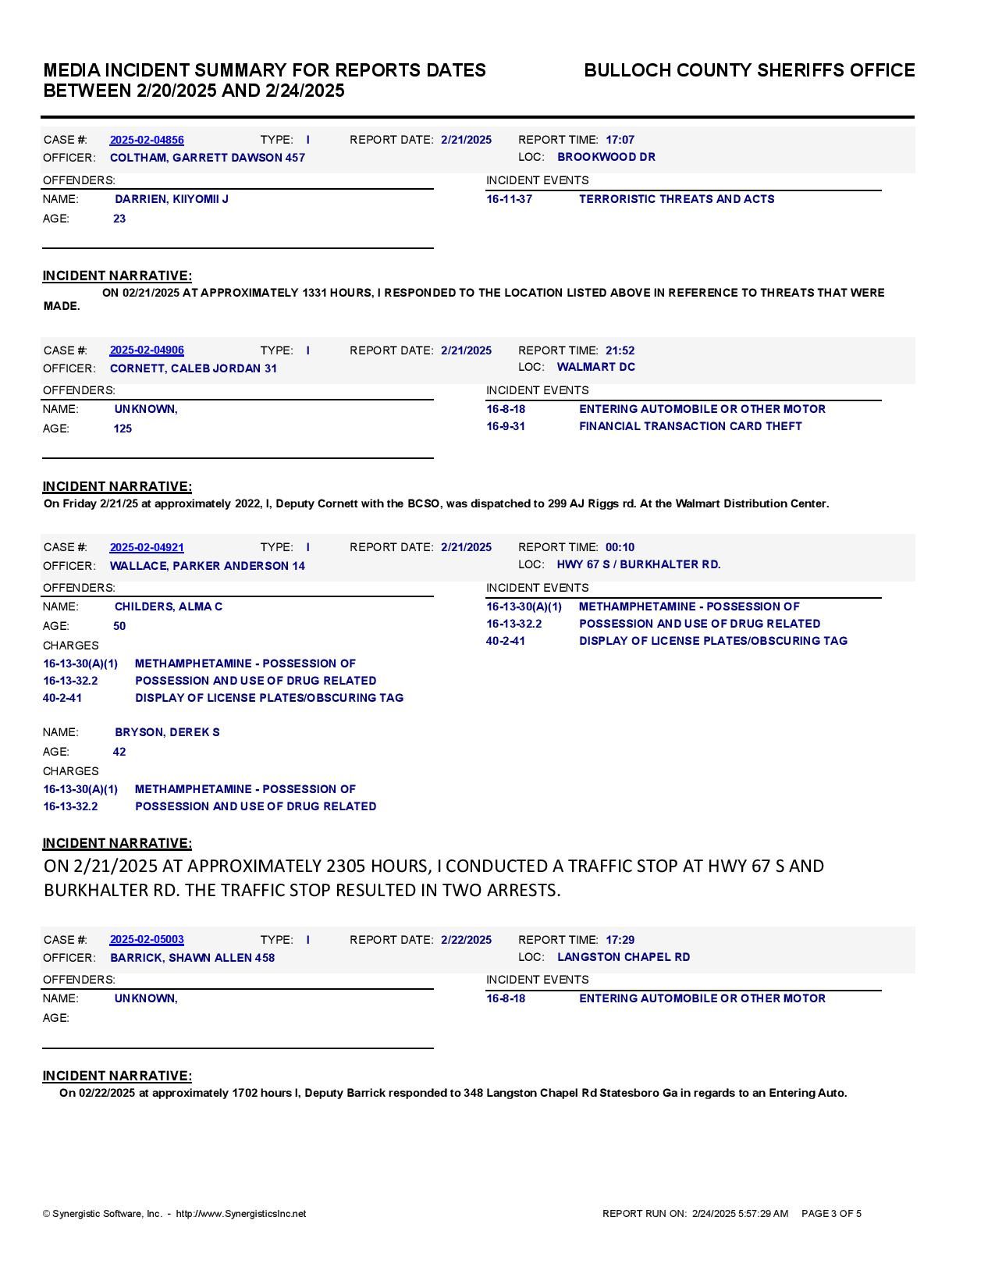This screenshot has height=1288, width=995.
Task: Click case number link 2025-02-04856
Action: [147, 141]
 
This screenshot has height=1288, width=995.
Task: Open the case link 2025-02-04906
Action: [147, 350]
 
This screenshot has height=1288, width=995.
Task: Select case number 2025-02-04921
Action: [147, 548]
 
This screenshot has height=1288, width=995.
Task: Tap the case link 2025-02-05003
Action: [147, 940]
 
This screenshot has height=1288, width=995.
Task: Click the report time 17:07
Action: [620, 141]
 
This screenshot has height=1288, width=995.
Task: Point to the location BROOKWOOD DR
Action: [606, 157]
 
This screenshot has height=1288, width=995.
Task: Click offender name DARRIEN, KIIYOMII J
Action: [172, 199]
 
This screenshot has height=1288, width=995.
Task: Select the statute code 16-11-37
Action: [509, 199]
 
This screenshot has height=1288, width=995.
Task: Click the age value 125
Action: [123, 429]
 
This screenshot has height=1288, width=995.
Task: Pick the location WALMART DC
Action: [595, 367]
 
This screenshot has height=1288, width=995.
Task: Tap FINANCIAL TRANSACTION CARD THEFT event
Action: [690, 426]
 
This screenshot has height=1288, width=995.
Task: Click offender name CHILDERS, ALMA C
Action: [169, 607]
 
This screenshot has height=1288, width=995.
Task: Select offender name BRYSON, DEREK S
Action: [167, 732]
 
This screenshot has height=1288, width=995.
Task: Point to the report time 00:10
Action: [620, 547]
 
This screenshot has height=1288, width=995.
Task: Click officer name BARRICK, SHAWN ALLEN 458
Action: [192, 958]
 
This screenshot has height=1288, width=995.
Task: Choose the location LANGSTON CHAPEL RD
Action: [623, 957]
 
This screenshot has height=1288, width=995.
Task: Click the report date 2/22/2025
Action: [466, 940]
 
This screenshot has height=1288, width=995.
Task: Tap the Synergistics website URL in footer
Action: [240, 1214]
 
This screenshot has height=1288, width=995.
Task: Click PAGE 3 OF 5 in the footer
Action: [831, 1214]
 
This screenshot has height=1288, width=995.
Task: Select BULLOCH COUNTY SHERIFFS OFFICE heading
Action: [749, 70]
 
